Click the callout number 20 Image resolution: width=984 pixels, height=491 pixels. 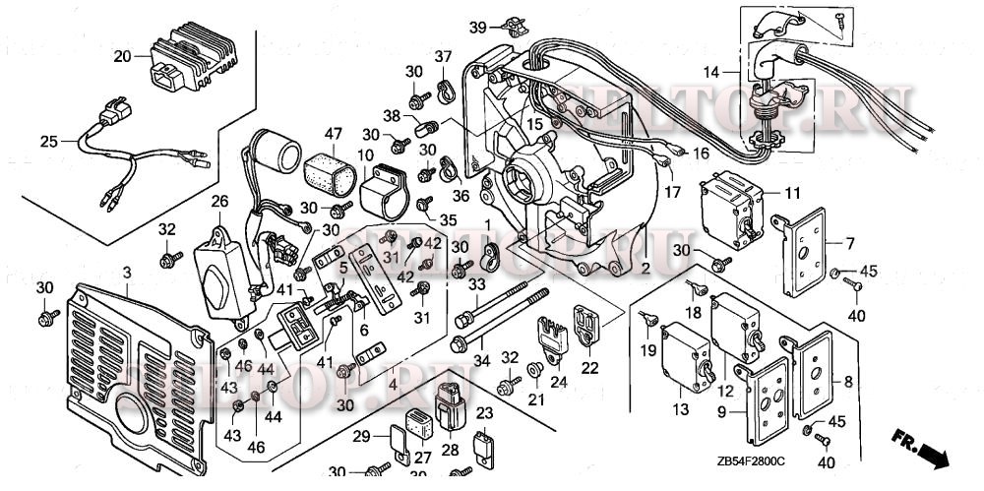point(122,56)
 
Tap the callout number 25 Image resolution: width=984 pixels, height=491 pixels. point(48,142)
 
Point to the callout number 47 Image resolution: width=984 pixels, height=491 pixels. point(333,133)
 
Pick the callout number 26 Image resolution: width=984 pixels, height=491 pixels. point(219,202)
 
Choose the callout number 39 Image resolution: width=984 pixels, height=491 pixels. point(477,26)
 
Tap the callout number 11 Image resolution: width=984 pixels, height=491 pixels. point(792,192)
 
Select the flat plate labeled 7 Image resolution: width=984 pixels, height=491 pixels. point(810,257)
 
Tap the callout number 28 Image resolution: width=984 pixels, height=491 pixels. point(451,450)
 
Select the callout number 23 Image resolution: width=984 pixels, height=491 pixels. point(485,413)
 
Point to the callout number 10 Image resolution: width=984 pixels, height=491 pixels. point(364,154)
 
